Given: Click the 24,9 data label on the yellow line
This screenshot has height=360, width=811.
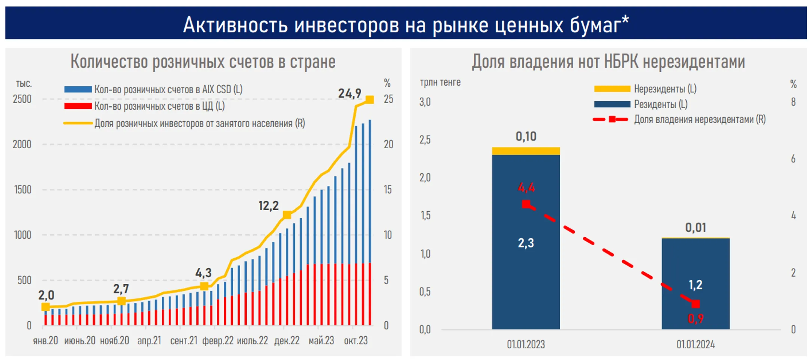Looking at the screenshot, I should [x=349, y=93].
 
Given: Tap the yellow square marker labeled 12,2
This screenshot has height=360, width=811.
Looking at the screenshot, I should [x=287, y=215].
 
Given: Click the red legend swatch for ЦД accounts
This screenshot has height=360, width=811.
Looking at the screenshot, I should [x=78, y=106].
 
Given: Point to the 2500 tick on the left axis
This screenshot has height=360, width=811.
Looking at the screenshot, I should [x=22, y=99].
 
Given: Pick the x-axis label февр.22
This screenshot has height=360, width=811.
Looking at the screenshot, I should [x=218, y=340].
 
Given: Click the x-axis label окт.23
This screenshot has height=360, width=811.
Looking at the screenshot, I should [x=356, y=340].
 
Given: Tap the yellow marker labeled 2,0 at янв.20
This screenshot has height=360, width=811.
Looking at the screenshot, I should [x=45, y=307].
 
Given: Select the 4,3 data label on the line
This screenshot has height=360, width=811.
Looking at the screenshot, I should [x=203, y=273].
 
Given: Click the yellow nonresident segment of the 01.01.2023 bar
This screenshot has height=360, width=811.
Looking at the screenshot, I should [x=526, y=151].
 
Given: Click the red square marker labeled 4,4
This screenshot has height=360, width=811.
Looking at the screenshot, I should [x=526, y=204].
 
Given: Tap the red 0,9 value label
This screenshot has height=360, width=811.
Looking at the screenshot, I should [x=695, y=319].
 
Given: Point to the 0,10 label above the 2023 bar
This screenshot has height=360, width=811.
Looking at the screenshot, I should [x=526, y=136].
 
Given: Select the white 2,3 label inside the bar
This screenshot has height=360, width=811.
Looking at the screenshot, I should [x=526, y=243].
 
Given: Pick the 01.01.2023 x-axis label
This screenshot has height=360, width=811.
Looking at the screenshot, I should [x=526, y=344].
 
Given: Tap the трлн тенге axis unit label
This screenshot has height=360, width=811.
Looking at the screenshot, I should [x=440, y=82].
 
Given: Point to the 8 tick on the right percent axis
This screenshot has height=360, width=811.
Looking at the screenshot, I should [x=793, y=102].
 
